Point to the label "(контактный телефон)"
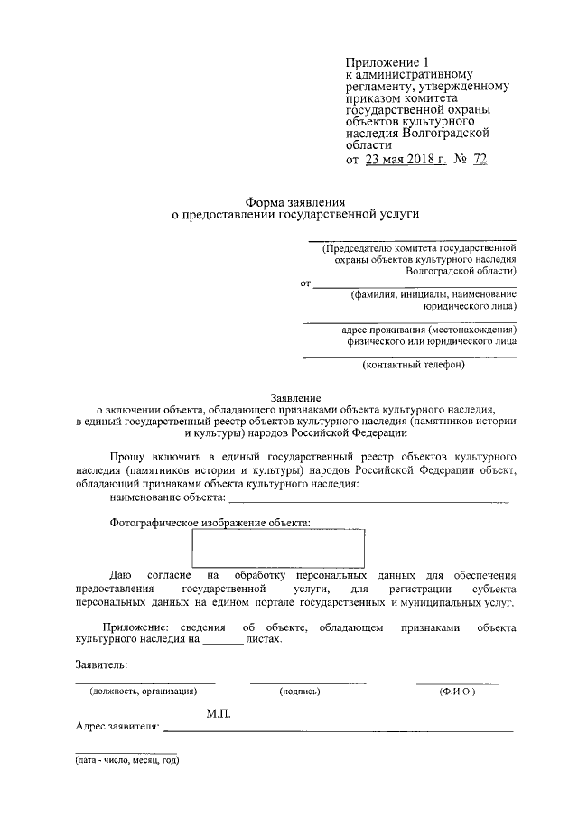click(x=413, y=365)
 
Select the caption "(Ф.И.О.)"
click(x=457, y=691)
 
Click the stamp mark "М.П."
click(x=219, y=713)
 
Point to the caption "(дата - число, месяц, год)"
click(x=127, y=760)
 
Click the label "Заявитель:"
click(x=102, y=665)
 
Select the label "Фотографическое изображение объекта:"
click(x=210, y=522)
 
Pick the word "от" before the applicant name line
click(x=305, y=283)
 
